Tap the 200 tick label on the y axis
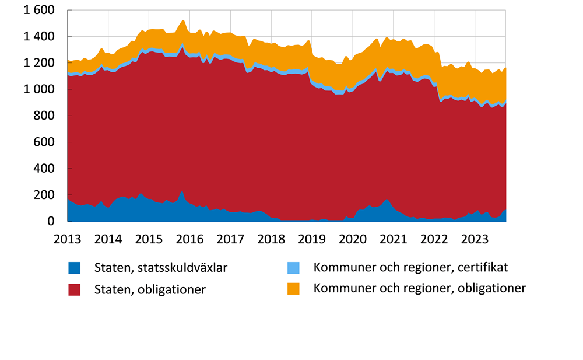click(x=45, y=195)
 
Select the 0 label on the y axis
click(x=51, y=222)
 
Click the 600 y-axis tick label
click(x=45, y=142)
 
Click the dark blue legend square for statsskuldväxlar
click(x=75, y=268)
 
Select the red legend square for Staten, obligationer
click(x=75, y=289)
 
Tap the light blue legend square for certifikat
click(x=294, y=268)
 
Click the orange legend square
click(x=294, y=289)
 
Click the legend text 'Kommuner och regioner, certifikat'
click(x=411, y=268)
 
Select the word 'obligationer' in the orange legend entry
click(x=491, y=288)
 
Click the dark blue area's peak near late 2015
click(x=182, y=191)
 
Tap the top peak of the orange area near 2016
click(x=182, y=21)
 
